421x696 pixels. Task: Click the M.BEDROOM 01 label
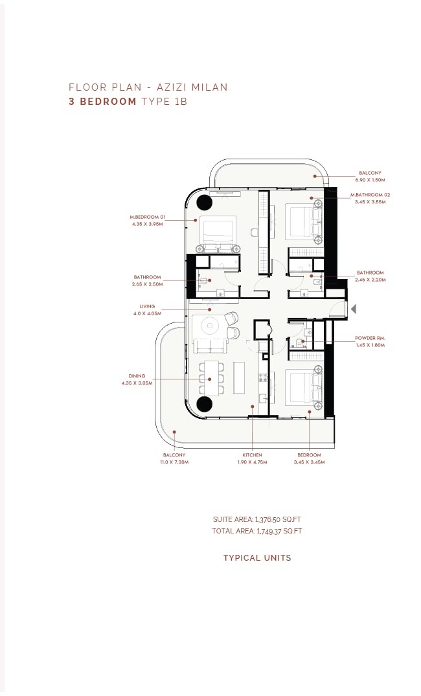coord(148,217)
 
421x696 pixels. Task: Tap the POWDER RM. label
coord(370,338)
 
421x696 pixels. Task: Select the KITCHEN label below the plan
coord(252,455)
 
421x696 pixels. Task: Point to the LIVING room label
coord(148,306)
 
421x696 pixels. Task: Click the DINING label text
coord(137,376)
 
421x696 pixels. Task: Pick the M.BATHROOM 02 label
coord(370,195)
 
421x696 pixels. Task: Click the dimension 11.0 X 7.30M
coord(174,462)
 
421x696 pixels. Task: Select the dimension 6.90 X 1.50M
coord(370,180)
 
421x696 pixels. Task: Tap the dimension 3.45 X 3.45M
coord(309,462)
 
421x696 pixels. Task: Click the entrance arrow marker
coord(354,309)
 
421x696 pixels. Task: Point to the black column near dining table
coord(204,404)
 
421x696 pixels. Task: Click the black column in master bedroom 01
coord(204,203)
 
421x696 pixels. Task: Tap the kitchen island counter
coord(239,377)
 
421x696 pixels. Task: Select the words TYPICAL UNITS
coord(257,558)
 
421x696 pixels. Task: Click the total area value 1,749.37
coord(269,531)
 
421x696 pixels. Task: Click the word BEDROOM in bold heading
coord(108,101)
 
